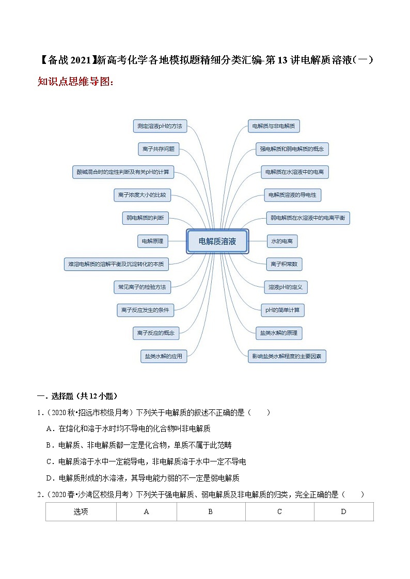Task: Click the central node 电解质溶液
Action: click(217, 241)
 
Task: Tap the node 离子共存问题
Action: click(158, 150)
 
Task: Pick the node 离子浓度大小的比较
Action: click(142, 195)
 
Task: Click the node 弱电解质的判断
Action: click(145, 218)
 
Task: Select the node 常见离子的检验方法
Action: click(141, 287)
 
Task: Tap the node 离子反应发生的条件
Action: click(145, 310)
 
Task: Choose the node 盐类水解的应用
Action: click(164, 356)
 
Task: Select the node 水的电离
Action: click(282, 241)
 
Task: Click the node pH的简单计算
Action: click(283, 310)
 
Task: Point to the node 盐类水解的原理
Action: click(279, 333)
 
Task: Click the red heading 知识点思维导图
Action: click(75, 81)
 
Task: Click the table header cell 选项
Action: click(81, 511)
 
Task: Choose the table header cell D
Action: click(343, 511)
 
